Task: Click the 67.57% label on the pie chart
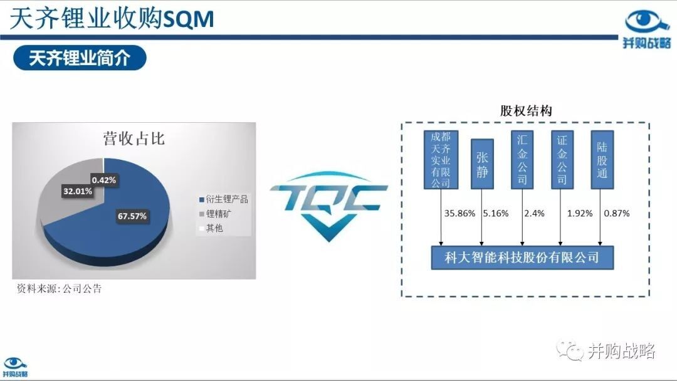[x=132, y=216]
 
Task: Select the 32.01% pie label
[x=78, y=191]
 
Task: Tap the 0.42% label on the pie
[x=103, y=180]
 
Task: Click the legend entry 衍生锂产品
[x=224, y=199]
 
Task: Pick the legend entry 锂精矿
[x=215, y=214]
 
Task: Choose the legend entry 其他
[x=211, y=228]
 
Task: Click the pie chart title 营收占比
[x=134, y=138]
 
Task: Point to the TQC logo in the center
[x=328, y=206]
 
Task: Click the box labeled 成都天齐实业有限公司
[x=441, y=160]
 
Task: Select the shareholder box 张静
[x=482, y=164]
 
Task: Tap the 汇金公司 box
[x=522, y=160]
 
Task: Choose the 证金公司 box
[x=562, y=160]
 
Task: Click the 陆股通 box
[x=602, y=160]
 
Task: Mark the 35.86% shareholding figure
[x=460, y=213]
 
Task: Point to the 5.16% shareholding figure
[x=496, y=213]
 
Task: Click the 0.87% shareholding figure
[x=617, y=213]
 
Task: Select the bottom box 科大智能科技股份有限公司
[x=522, y=258]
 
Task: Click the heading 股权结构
[x=526, y=111]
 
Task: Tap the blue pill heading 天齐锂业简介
[x=80, y=58]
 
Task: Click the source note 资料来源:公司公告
[x=59, y=288]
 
